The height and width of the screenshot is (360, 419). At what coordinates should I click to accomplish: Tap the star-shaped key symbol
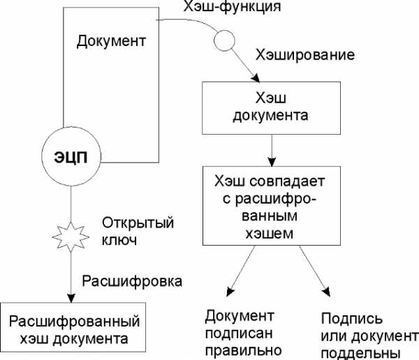click(x=71, y=237)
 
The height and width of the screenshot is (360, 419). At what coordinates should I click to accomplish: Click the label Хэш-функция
click(x=232, y=7)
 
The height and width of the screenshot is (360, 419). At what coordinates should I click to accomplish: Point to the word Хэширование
click(x=305, y=55)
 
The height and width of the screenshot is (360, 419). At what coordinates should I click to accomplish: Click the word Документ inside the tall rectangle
click(x=111, y=41)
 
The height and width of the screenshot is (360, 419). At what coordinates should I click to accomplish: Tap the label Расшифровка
click(x=132, y=281)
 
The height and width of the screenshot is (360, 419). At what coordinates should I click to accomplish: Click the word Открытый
click(x=138, y=223)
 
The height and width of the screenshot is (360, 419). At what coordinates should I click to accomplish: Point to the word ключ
click(x=119, y=240)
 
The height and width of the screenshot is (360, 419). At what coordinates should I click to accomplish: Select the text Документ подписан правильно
click(x=243, y=333)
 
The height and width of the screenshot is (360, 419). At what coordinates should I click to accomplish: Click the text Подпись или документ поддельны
click(x=369, y=336)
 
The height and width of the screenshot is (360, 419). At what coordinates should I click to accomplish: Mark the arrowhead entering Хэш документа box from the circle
click(x=256, y=78)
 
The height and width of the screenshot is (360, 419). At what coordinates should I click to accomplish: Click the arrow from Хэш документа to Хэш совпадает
click(x=272, y=151)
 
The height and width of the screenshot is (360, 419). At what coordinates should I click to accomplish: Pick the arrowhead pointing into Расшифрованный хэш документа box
click(x=71, y=299)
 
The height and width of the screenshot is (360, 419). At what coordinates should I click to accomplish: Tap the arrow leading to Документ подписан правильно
click(x=241, y=271)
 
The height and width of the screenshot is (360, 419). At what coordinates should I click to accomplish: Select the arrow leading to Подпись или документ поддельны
click(x=314, y=271)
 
